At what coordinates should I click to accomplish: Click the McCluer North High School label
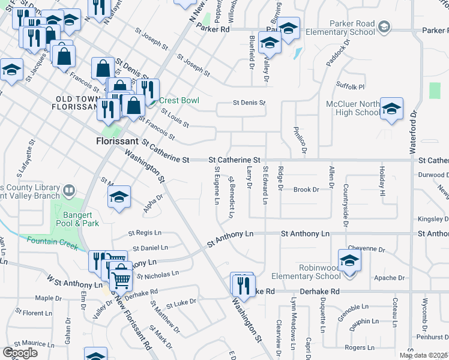point(353,108)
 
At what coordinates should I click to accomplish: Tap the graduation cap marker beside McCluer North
point(391,109)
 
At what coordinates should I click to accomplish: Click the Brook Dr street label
point(306,190)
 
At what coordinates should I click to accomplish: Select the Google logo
point(20,353)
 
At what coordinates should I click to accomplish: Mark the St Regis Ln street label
point(145,233)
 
